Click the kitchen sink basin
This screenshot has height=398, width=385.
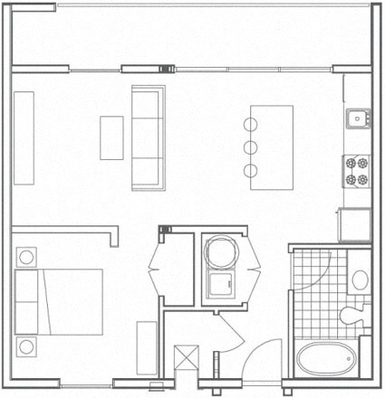coord(358,116)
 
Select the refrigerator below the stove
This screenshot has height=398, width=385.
coord(356,223)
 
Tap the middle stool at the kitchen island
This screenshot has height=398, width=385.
coord(249,147)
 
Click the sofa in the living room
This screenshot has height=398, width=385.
coord(147,137)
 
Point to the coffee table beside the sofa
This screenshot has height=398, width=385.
coord(111,137)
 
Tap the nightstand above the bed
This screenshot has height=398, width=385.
coord(26,257)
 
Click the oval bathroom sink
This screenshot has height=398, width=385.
coord(358,279)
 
